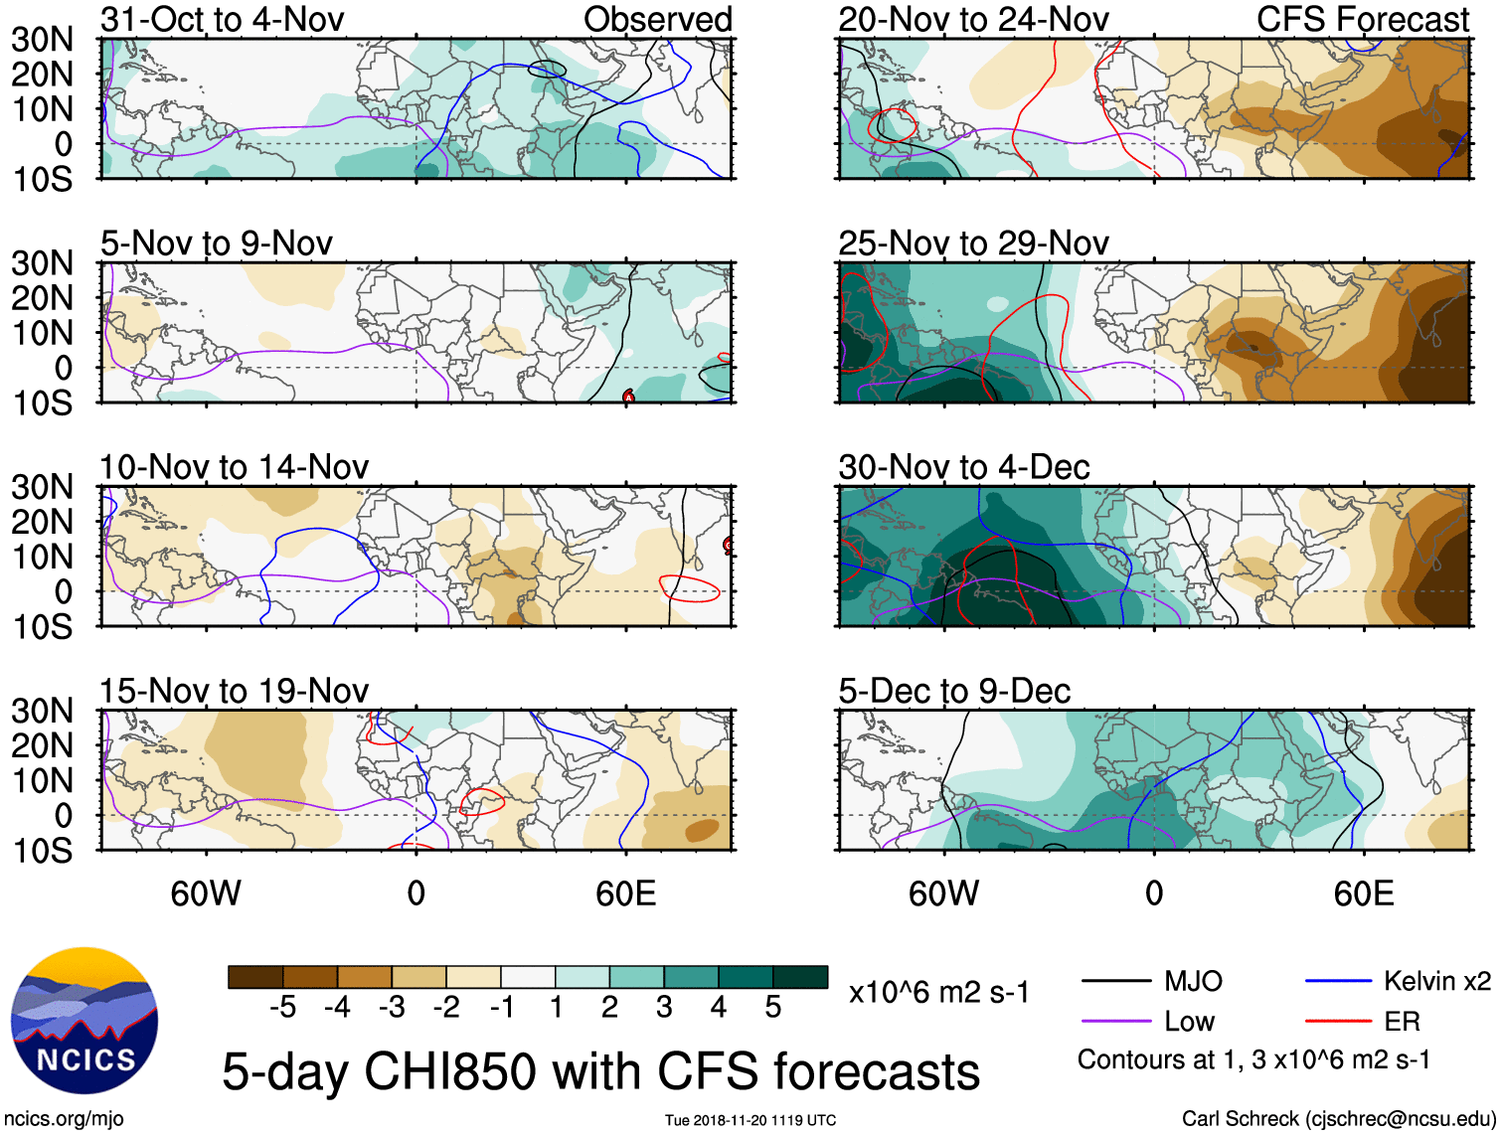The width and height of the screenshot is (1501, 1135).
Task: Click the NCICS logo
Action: [84, 1021]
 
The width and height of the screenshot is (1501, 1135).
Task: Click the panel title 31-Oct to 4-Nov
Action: [222, 19]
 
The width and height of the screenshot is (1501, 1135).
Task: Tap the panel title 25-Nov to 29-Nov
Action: [973, 243]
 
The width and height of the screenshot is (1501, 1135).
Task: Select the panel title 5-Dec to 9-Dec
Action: [954, 691]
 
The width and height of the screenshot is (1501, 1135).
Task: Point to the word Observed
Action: [657, 19]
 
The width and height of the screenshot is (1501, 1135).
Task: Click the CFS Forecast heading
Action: [1362, 19]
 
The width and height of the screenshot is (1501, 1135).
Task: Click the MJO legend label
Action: [1193, 982]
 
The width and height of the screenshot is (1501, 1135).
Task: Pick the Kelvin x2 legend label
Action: [1436, 982]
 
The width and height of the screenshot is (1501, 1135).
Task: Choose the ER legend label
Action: [1402, 1022]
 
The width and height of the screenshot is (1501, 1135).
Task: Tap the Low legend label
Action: [1189, 1022]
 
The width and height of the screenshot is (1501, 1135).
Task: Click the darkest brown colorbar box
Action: [255, 977]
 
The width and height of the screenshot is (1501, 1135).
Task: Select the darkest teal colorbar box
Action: [800, 977]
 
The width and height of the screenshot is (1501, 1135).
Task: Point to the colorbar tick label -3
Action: [391, 1008]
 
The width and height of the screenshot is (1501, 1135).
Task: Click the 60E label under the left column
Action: [625, 893]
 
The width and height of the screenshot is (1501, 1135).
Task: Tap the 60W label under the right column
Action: [943, 893]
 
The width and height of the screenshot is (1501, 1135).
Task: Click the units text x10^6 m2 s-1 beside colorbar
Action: [938, 992]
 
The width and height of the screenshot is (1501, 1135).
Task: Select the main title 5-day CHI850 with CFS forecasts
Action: [600, 1071]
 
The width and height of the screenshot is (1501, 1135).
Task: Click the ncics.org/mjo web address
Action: [64, 1119]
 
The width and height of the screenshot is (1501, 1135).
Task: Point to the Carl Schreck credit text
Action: [1338, 1119]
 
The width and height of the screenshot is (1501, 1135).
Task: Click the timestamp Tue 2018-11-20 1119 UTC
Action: [750, 1120]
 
